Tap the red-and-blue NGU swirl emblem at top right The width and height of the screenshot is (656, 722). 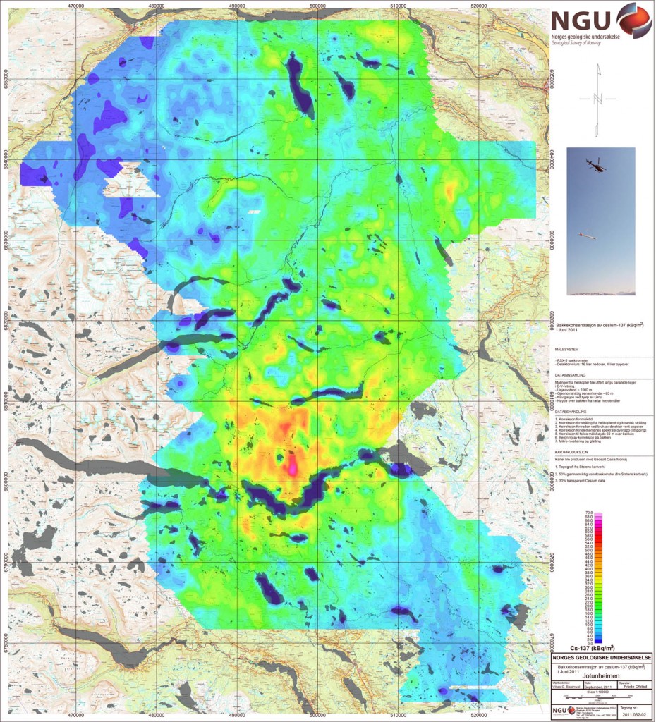[x=633, y=19]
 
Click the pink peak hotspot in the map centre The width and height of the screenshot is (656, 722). [x=291, y=467]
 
